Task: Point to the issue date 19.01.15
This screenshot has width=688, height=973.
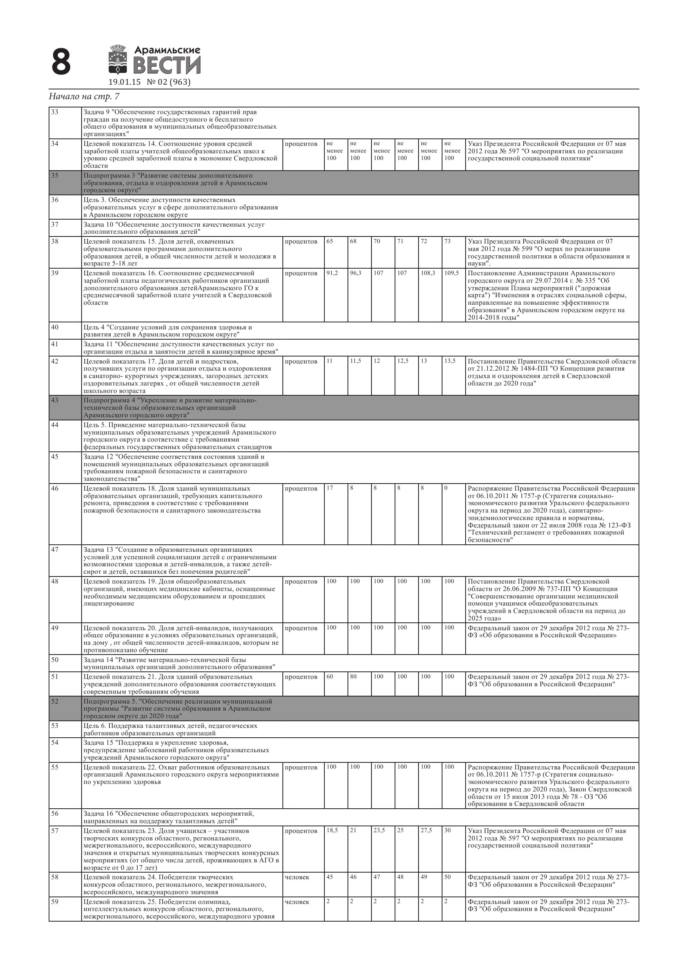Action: coord(124,82)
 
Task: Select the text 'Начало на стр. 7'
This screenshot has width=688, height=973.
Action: coord(84,96)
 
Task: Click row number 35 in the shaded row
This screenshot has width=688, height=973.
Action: coord(55,175)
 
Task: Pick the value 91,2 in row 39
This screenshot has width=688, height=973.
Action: coord(332,273)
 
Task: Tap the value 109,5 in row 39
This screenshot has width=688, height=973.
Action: coord(451,273)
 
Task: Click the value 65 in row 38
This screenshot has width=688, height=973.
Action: coord(330,242)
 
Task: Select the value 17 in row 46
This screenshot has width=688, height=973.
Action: coord(329,488)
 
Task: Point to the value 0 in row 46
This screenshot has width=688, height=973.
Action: coord(446,488)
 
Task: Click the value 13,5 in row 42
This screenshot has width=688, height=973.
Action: coord(450,361)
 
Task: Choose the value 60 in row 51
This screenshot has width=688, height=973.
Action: coord(330,677)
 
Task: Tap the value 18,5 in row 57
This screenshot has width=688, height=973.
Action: coord(332,830)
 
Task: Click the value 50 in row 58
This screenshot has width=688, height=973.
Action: coord(448,877)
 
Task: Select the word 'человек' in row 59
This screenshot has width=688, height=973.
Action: coord(297,902)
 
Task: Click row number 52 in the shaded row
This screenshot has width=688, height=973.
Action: coord(55,701)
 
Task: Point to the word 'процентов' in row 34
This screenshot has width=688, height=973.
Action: coord(301,144)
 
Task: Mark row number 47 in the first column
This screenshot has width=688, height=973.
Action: coord(55,550)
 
